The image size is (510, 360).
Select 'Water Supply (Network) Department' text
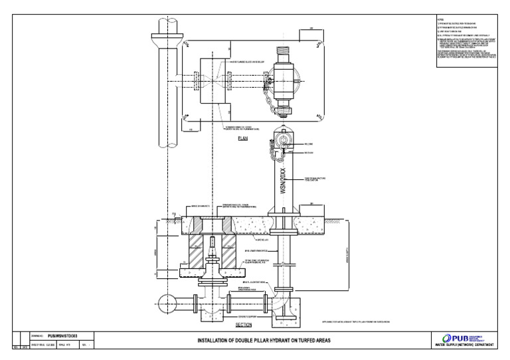461,345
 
